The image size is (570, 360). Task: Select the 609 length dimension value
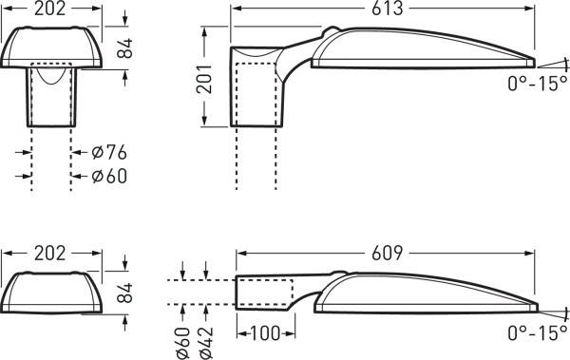388,255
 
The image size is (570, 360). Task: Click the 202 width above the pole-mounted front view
49,9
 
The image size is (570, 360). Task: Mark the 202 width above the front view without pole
49,255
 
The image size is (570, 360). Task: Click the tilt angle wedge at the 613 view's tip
548,59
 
